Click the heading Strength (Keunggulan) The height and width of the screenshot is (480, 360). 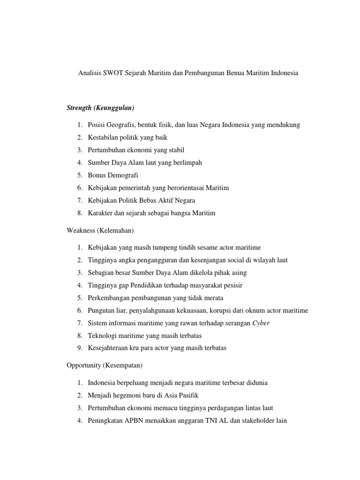point(101,108)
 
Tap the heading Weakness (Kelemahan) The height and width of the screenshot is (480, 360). point(101,230)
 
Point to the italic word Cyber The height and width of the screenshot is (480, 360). point(261,323)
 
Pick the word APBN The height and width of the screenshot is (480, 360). point(134,420)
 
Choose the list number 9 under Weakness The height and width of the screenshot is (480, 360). point(80,348)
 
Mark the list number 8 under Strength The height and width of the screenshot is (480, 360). point(80,213)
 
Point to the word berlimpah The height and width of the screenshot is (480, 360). point(187,163)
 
